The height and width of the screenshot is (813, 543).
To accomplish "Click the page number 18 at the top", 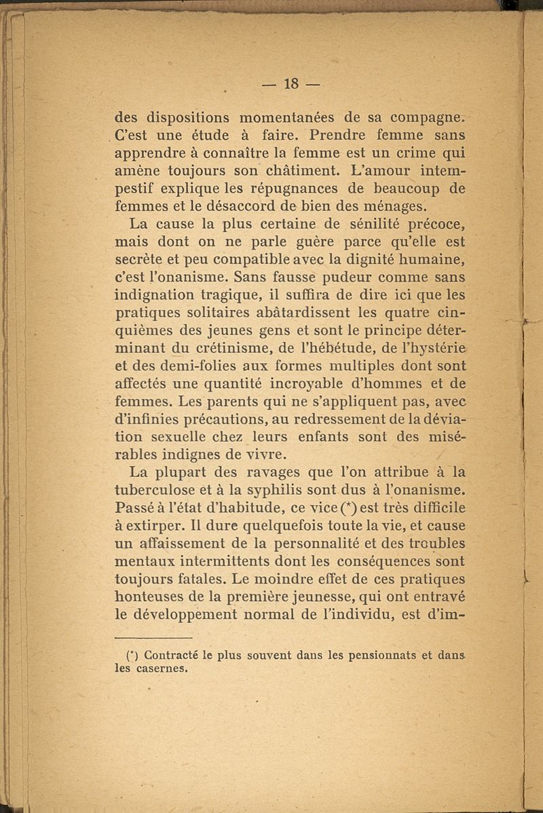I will (x=292, y=83).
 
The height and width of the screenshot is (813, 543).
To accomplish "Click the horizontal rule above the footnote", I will (x=153, y=639).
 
